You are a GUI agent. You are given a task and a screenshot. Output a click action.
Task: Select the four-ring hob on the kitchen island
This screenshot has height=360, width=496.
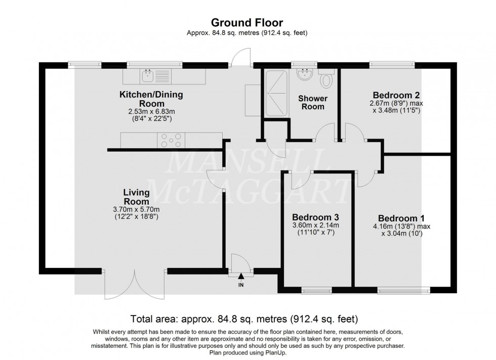pos(172,140)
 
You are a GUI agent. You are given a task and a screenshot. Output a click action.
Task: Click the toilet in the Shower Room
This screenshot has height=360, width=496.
pos(327,78)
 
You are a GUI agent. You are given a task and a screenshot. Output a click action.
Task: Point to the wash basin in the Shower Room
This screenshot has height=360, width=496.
pos(305,75)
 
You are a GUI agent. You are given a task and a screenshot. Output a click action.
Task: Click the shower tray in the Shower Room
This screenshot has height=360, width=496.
pos(275,86)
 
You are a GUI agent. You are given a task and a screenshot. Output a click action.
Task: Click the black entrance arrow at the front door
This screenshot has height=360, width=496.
pos(241,277)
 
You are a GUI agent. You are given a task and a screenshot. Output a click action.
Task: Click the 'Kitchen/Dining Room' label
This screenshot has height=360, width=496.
pos(151,99)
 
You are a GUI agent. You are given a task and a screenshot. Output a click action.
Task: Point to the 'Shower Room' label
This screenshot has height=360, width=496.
pos(312,102)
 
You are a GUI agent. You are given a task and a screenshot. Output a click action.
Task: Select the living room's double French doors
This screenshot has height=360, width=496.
pos(135,284)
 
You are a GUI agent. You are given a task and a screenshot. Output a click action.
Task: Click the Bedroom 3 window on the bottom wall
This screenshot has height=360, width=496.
pos(316,290)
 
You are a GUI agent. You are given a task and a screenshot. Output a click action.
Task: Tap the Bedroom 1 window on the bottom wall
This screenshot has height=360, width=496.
pos(403,290)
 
